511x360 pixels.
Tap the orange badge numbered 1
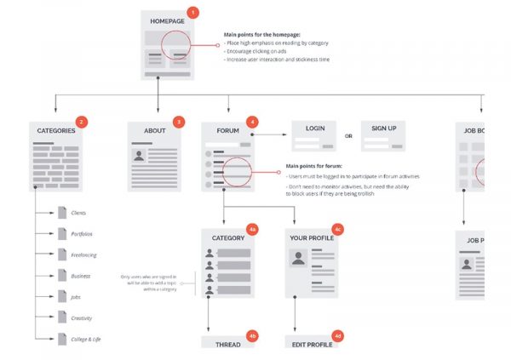pos(192,13)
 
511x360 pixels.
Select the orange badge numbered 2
pos(81,122)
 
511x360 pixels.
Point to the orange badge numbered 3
pos(177,122)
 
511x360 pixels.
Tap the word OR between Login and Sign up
pos(348,135)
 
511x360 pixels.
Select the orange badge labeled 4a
pos(251,230)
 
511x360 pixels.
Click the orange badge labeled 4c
pos(337,230)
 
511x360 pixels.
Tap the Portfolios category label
pos(83,233)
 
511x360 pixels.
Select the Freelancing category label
pos(84,254)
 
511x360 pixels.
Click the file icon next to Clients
pos(61,212)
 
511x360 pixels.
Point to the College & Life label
pos(87,339)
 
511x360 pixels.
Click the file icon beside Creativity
pos(61,317)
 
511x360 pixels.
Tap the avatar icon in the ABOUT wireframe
pos(138,156)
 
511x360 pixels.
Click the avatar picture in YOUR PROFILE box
pos(298,258)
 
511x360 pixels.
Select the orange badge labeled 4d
pos(337,336)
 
